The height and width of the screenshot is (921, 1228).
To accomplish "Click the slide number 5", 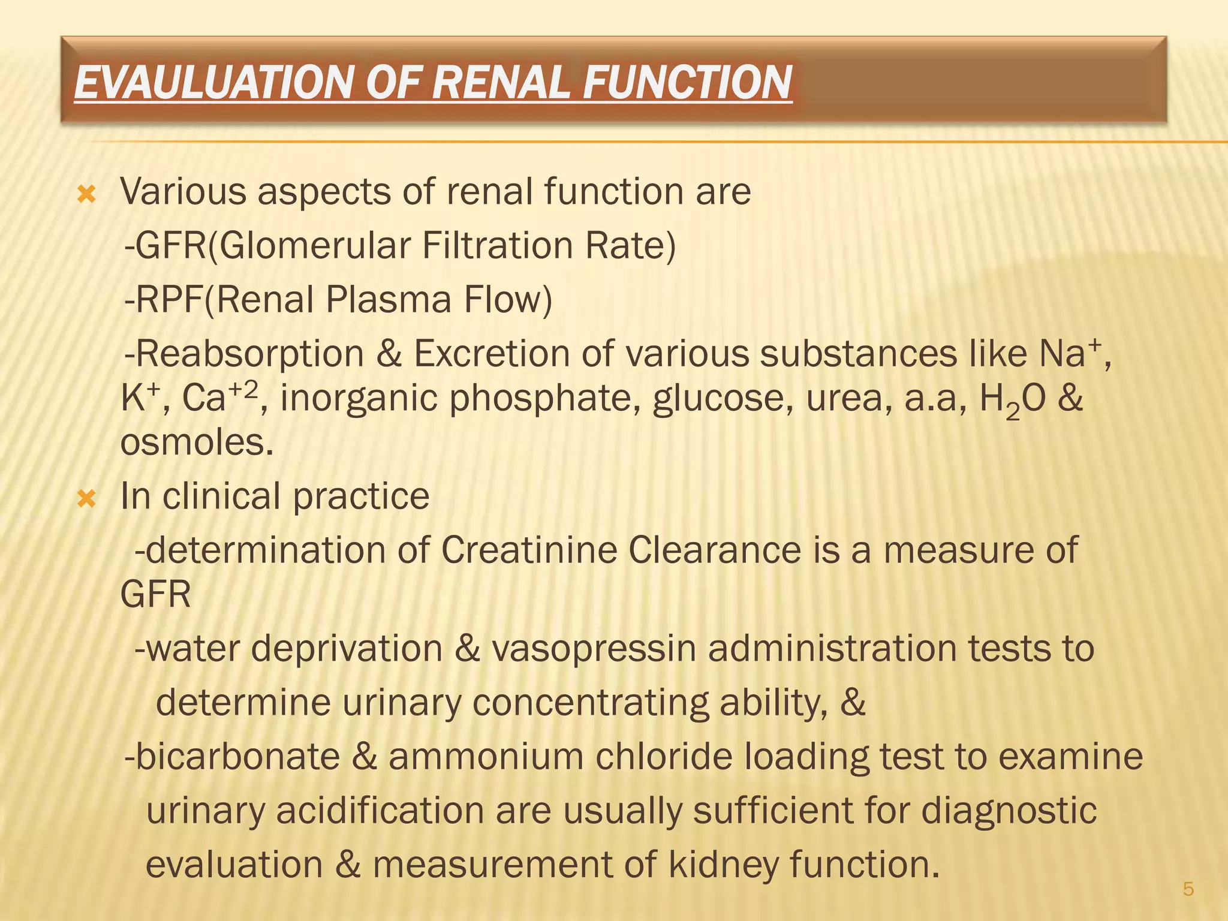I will (x=1188, y=889).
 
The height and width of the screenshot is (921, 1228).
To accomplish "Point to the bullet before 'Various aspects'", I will (x=88, y=194).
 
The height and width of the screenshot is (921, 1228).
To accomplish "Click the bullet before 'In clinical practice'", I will (x=88, y=498).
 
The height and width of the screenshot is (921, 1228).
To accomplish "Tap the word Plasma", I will (x=389, y=300).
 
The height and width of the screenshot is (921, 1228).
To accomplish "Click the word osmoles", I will (x=197, y=444).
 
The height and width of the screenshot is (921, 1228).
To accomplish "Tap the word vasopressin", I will (x=594, y=649).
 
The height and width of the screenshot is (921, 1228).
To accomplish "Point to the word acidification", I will (x=380, y=811).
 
